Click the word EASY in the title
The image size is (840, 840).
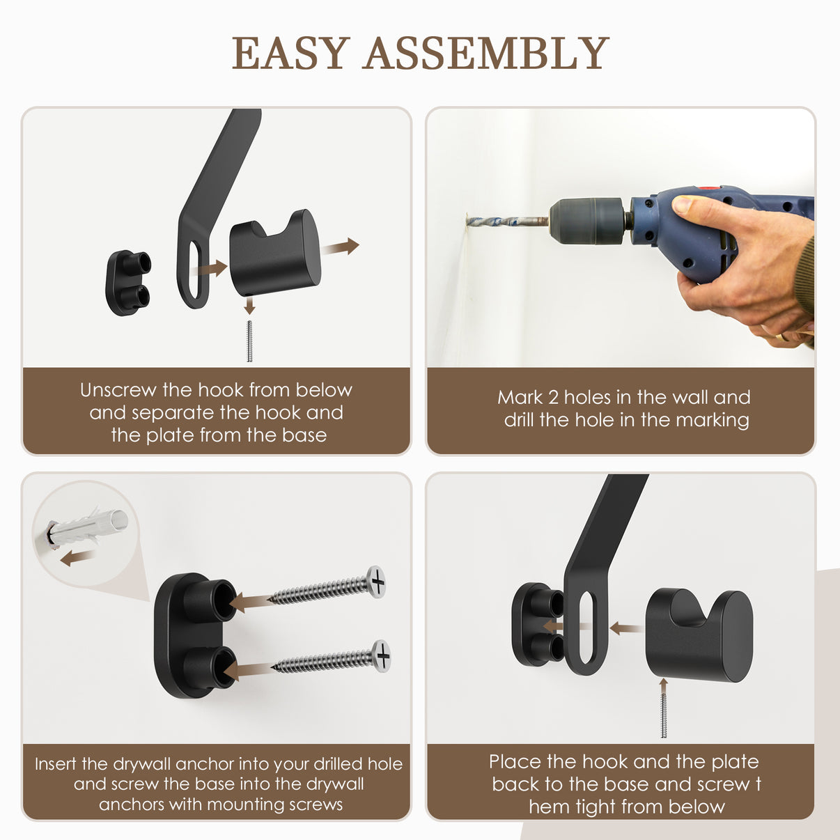pyautogui.click(x=290, y=53)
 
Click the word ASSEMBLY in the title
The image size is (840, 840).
pyautogui.click(x=486, y=53)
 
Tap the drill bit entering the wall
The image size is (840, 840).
pyautogui.click(x=507, y=221)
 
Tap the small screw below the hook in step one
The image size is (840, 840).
pyautogui.click(x=249, y=341)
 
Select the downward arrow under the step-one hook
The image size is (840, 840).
pyautogui.click(x=249, y=305)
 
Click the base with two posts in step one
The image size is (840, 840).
pyautogui.click(x=127, y=282)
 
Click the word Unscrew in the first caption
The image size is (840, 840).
pyautogui.click(x=118, y=390)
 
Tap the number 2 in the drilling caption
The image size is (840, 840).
pyautogui.click(x=554, y=397)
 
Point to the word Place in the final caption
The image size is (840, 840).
pyautogui.click(x=515, y=761)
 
